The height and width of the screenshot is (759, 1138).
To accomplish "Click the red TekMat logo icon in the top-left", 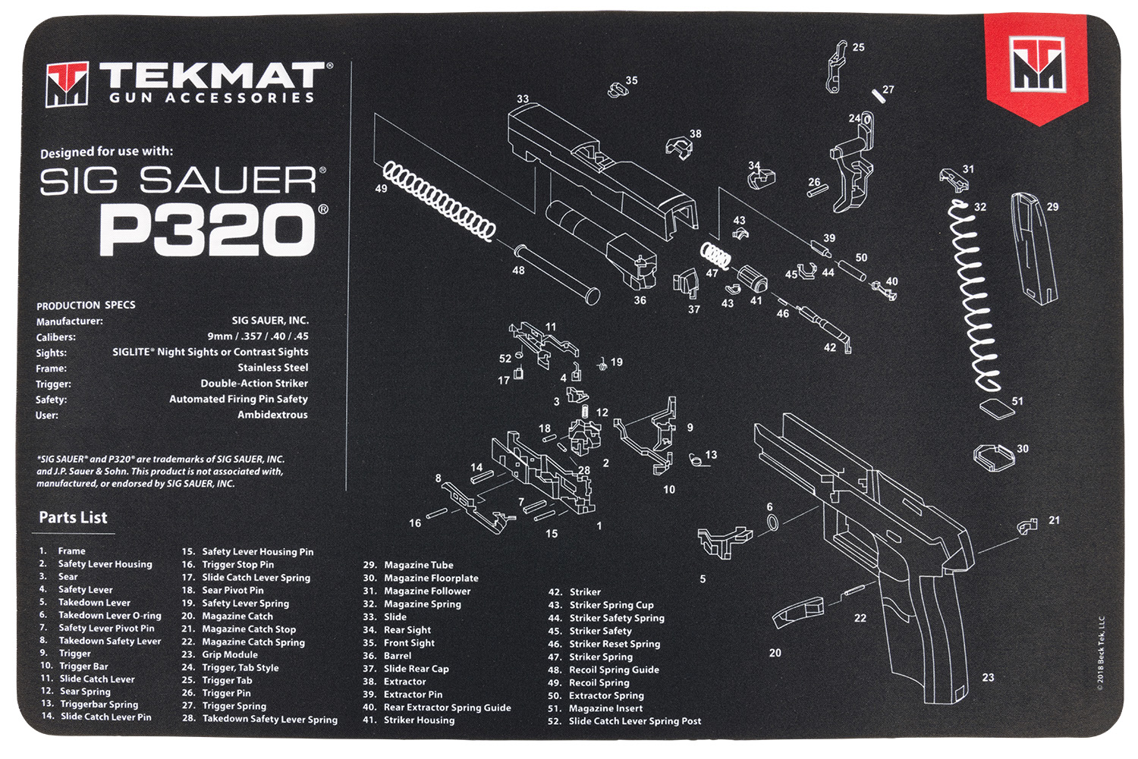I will point(67,83).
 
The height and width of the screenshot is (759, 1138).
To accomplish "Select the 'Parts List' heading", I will point(73,518).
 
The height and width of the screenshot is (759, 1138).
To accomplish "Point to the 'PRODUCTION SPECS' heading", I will point(86,305).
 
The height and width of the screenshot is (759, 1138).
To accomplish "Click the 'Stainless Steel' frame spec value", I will point(273,368).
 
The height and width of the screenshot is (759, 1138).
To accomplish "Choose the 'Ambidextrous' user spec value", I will point(272,415).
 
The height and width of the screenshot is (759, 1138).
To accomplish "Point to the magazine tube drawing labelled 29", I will point(1033,247).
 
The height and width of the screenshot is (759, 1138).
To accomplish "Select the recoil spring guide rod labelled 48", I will point(557,272).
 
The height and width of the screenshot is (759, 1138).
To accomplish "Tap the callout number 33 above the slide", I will point(523,99).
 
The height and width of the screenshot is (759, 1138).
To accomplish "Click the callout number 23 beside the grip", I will point(988,677).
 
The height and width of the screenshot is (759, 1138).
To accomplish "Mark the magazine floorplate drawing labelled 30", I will point(993,456).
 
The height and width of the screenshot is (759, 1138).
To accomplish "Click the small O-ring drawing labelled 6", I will point(772,522).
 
